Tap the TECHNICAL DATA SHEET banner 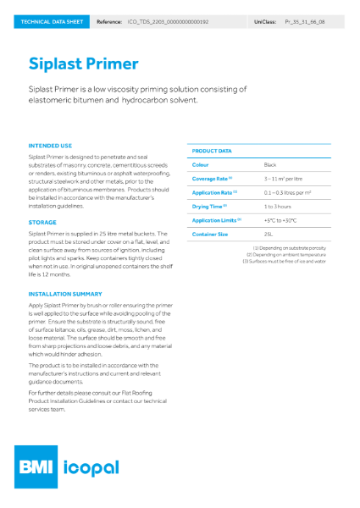47,19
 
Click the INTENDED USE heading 50,146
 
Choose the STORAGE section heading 42,222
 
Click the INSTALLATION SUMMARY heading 64,294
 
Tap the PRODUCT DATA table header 212,151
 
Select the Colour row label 201,164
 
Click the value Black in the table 271,164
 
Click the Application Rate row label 214,192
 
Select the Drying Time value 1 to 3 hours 278,206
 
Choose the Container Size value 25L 269,234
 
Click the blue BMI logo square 44,467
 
